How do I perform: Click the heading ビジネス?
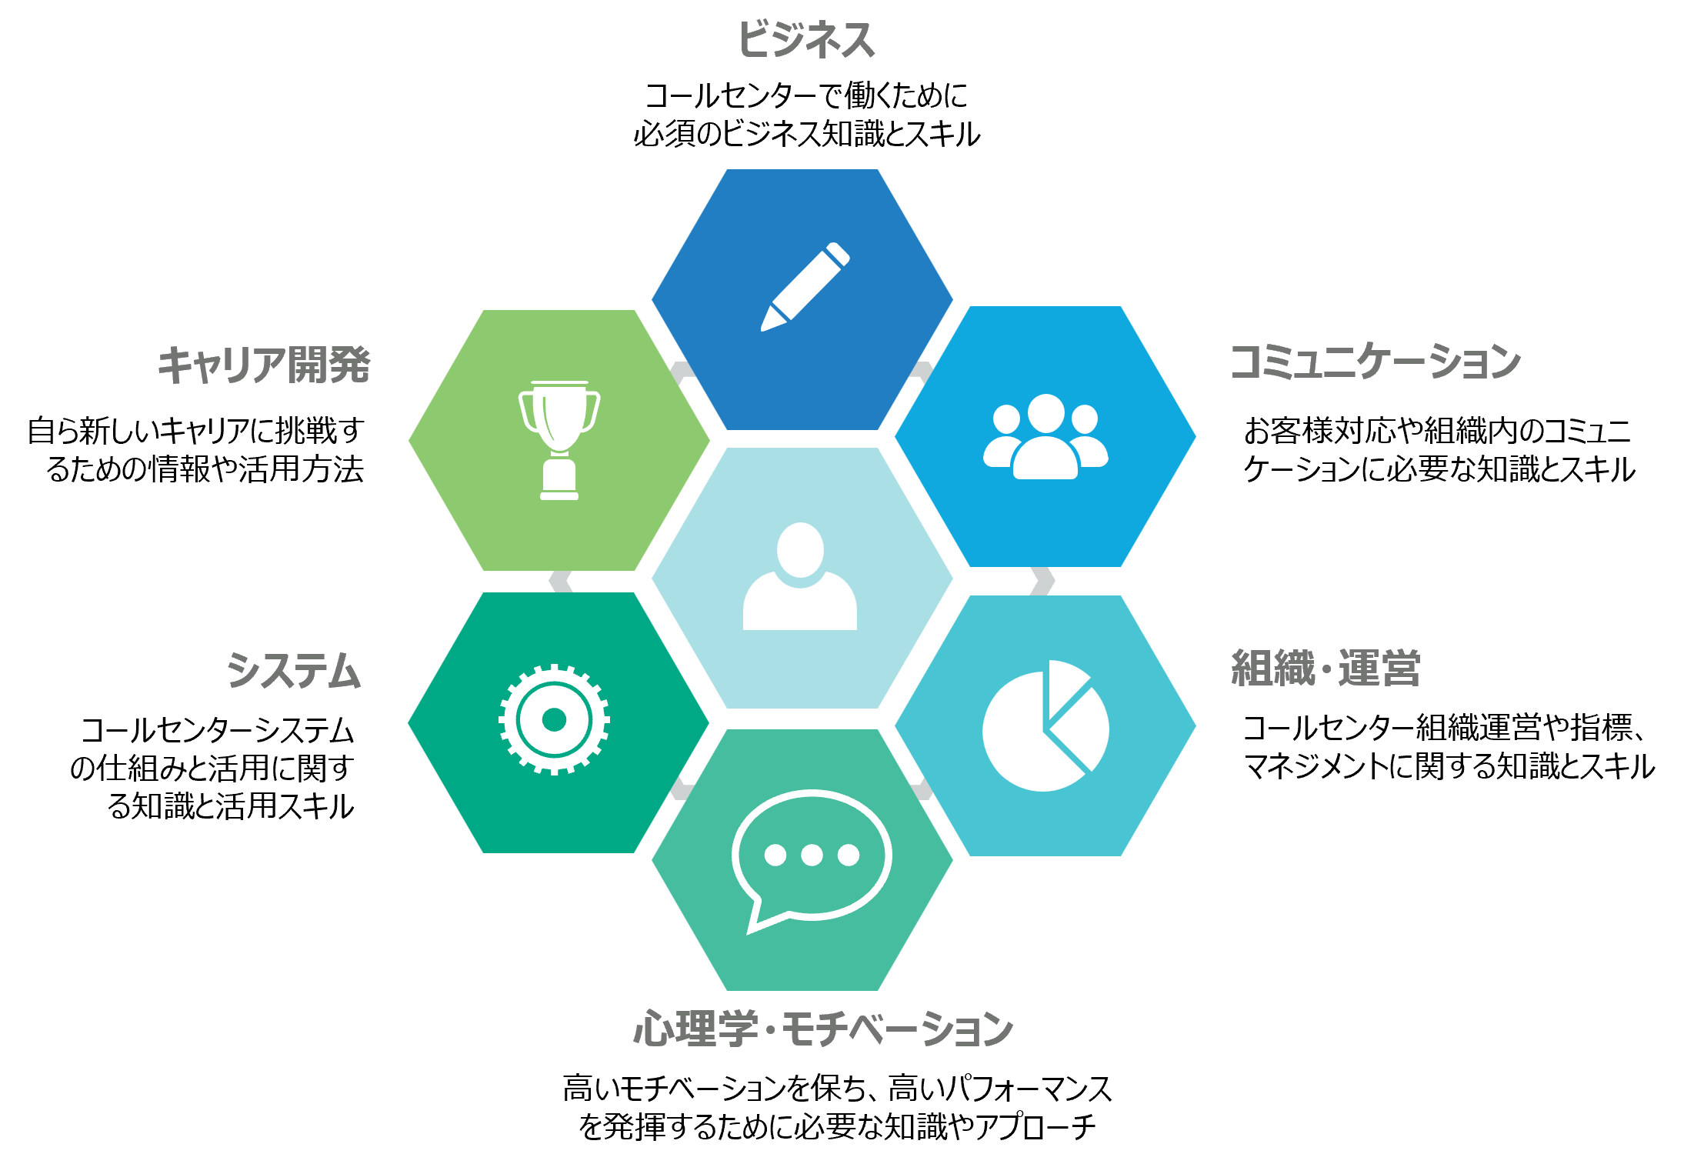(x=806, y=40)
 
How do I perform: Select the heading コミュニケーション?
(x=1375, y=362)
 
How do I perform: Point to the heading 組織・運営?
(x=1325, y=668)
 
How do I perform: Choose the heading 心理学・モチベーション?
(x=822, y=1029)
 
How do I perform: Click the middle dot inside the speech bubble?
(x=812, y=855)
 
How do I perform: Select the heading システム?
(x=293, y=671)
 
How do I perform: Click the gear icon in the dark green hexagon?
(x=554, y=720)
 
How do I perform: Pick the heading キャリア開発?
(x=264, y=365)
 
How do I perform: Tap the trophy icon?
(x=559, y=439)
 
